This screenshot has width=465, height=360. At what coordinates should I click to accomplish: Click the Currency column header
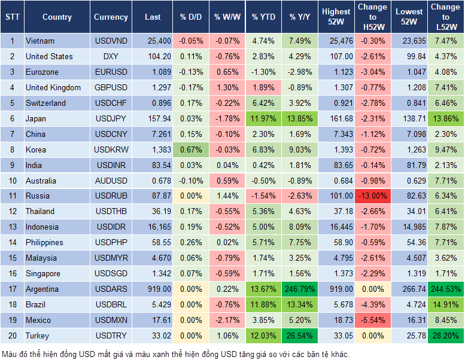coord(111,17)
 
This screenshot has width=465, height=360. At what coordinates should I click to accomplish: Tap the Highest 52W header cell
coord(336,17)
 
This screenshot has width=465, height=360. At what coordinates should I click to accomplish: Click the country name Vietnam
coord(40,41)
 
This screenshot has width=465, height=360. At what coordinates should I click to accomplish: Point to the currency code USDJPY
coord(111,119)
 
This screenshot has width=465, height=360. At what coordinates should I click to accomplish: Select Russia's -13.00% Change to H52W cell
coord(372,196)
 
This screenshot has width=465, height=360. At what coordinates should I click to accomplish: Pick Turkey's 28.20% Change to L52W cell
coord(445,336)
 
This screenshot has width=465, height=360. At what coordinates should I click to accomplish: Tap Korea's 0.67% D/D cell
coord(190,150)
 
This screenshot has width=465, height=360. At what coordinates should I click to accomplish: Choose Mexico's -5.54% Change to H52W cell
coord(372,321)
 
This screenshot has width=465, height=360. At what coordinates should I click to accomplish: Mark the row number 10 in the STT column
coord(11,181)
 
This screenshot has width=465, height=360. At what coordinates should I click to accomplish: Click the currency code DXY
coord(111,57)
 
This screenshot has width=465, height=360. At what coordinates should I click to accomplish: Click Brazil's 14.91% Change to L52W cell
coord(445,305)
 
